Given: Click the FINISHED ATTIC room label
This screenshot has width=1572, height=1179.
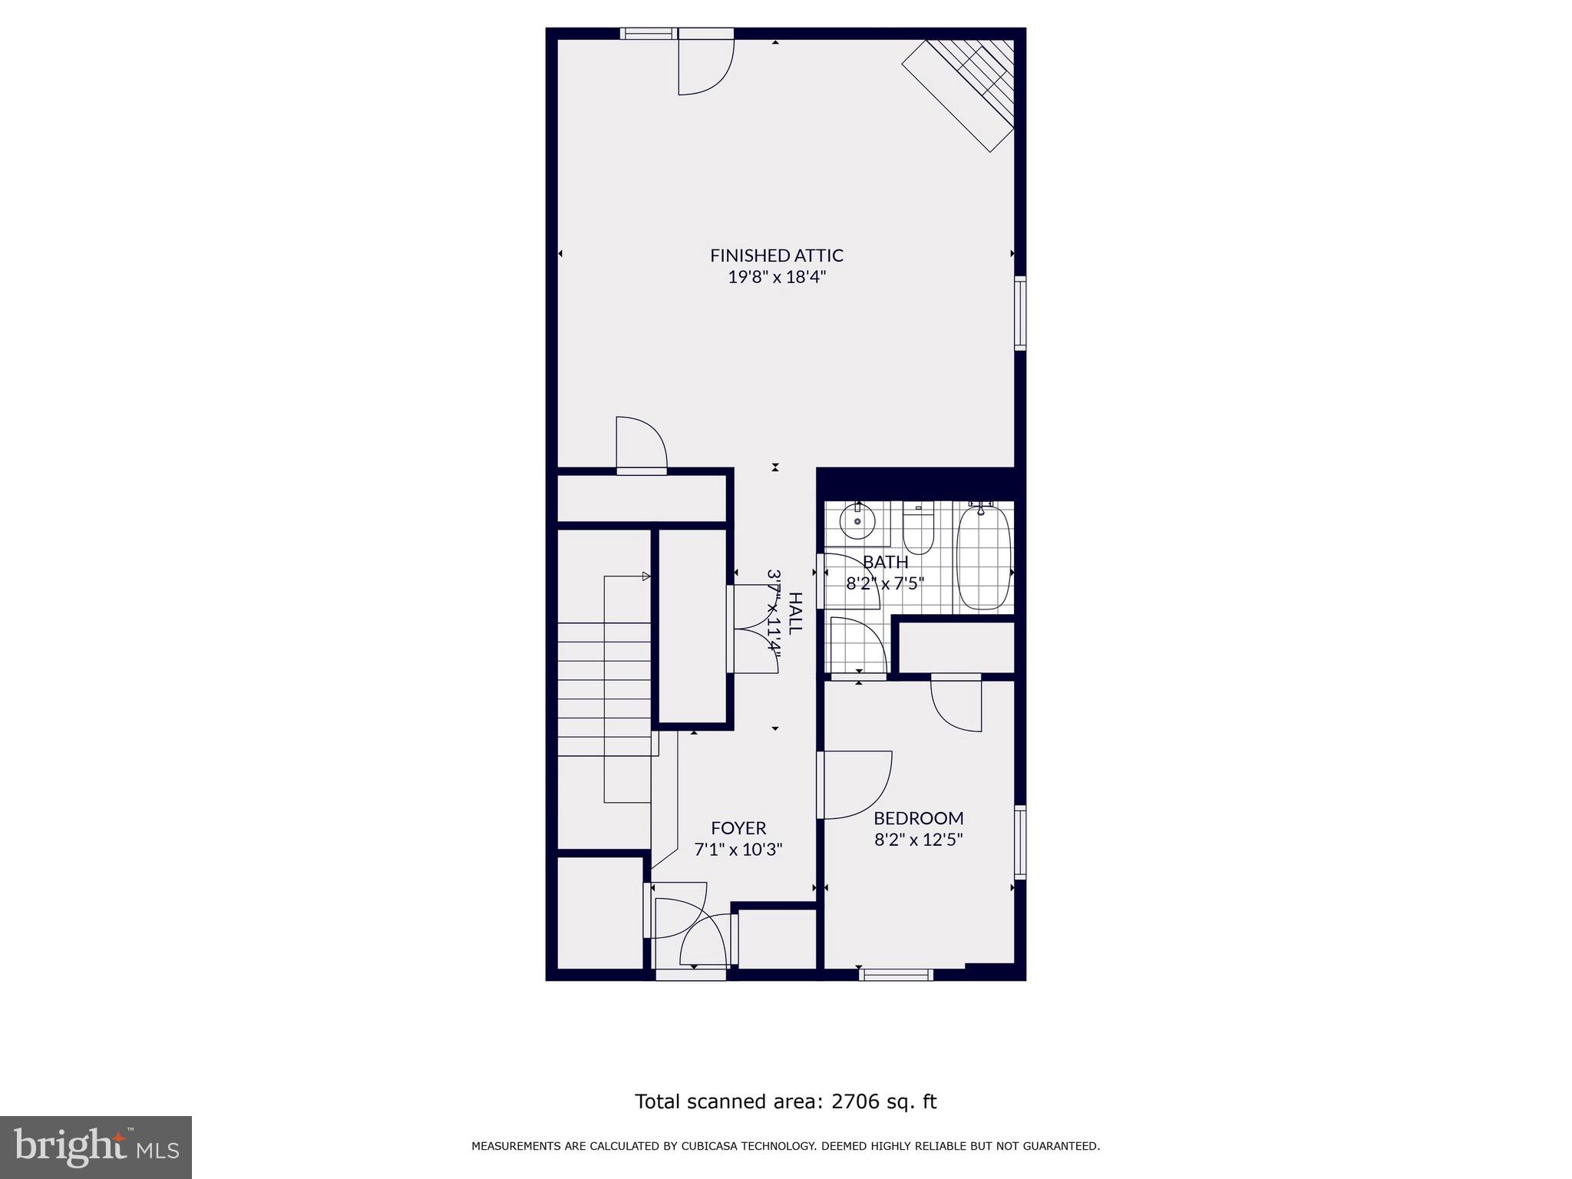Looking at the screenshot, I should click(776, 255).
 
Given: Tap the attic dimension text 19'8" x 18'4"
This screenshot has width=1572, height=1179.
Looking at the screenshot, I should click(776, 277).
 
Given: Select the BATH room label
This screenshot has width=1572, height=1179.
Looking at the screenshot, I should click(885, 562).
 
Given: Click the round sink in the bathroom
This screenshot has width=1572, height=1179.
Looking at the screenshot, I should click(857, 522).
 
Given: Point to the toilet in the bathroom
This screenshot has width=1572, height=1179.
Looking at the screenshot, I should click(917, 530).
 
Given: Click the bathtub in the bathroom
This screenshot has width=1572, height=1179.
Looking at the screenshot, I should click(983, 557).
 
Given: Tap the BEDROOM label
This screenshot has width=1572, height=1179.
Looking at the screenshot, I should click(918, 818).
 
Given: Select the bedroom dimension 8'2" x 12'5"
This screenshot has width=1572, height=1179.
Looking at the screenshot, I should click(918, 840).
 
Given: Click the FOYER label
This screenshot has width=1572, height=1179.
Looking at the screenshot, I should click(738, 828).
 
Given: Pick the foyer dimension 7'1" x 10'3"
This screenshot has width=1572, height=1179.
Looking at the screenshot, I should click(738, 850).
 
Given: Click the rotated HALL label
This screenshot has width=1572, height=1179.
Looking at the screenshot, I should click(795, 613).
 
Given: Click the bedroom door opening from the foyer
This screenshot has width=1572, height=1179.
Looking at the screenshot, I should click(854, 784).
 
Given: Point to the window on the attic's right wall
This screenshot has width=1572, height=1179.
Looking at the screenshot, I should click(1020, 313).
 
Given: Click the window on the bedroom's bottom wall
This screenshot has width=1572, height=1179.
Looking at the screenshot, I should click(896, 975).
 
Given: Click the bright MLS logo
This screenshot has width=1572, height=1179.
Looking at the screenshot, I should click(96, 1147).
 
